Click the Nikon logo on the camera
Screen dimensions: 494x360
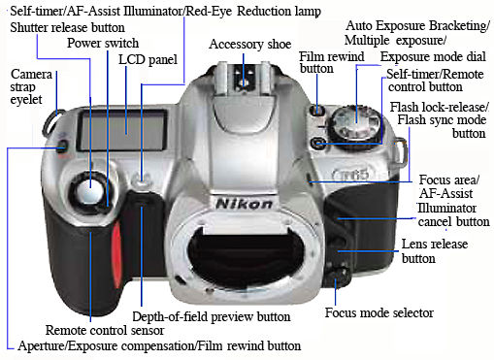pyautogui.click(x=245, y=204)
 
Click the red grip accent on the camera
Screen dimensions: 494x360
pyautogui.click(x=116, y=255)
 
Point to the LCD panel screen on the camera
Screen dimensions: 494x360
pyautogui.click(x=122, y=130)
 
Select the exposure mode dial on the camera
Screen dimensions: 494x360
pyautogui.click(x=355, y=125)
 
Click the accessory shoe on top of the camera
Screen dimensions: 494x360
pyautogui.click(x=244, y=77)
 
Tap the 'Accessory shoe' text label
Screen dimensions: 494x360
pyautogui.click(x=250, y=45)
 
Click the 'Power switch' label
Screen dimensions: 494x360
pyautogui.click(x=103, y=43)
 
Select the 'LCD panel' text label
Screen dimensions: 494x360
pyautogui.click(x=148, y=60)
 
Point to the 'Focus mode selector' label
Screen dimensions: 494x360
pyautogui.click(x=379, y=312)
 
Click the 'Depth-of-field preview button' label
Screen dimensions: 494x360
pyautogui.click(x=212, y=317)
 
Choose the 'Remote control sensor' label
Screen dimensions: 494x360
pyautogui.click(x=105, y=331)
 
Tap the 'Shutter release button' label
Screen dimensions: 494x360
pyautogui.click(x=67, y=27)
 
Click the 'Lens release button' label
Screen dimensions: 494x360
pyautogui.click(x=435, y=251)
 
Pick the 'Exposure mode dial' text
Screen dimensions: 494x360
pyautogui.click(x=433, y=57)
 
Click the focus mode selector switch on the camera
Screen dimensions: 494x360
pyautogui.click(x=339, y=276)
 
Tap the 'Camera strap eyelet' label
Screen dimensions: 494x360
pyautogui.click(x=31, y=86)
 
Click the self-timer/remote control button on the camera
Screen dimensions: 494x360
pyautogui.click(x=317, y=144)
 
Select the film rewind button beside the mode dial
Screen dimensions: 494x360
pyautogui.click(x=317, y=111)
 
